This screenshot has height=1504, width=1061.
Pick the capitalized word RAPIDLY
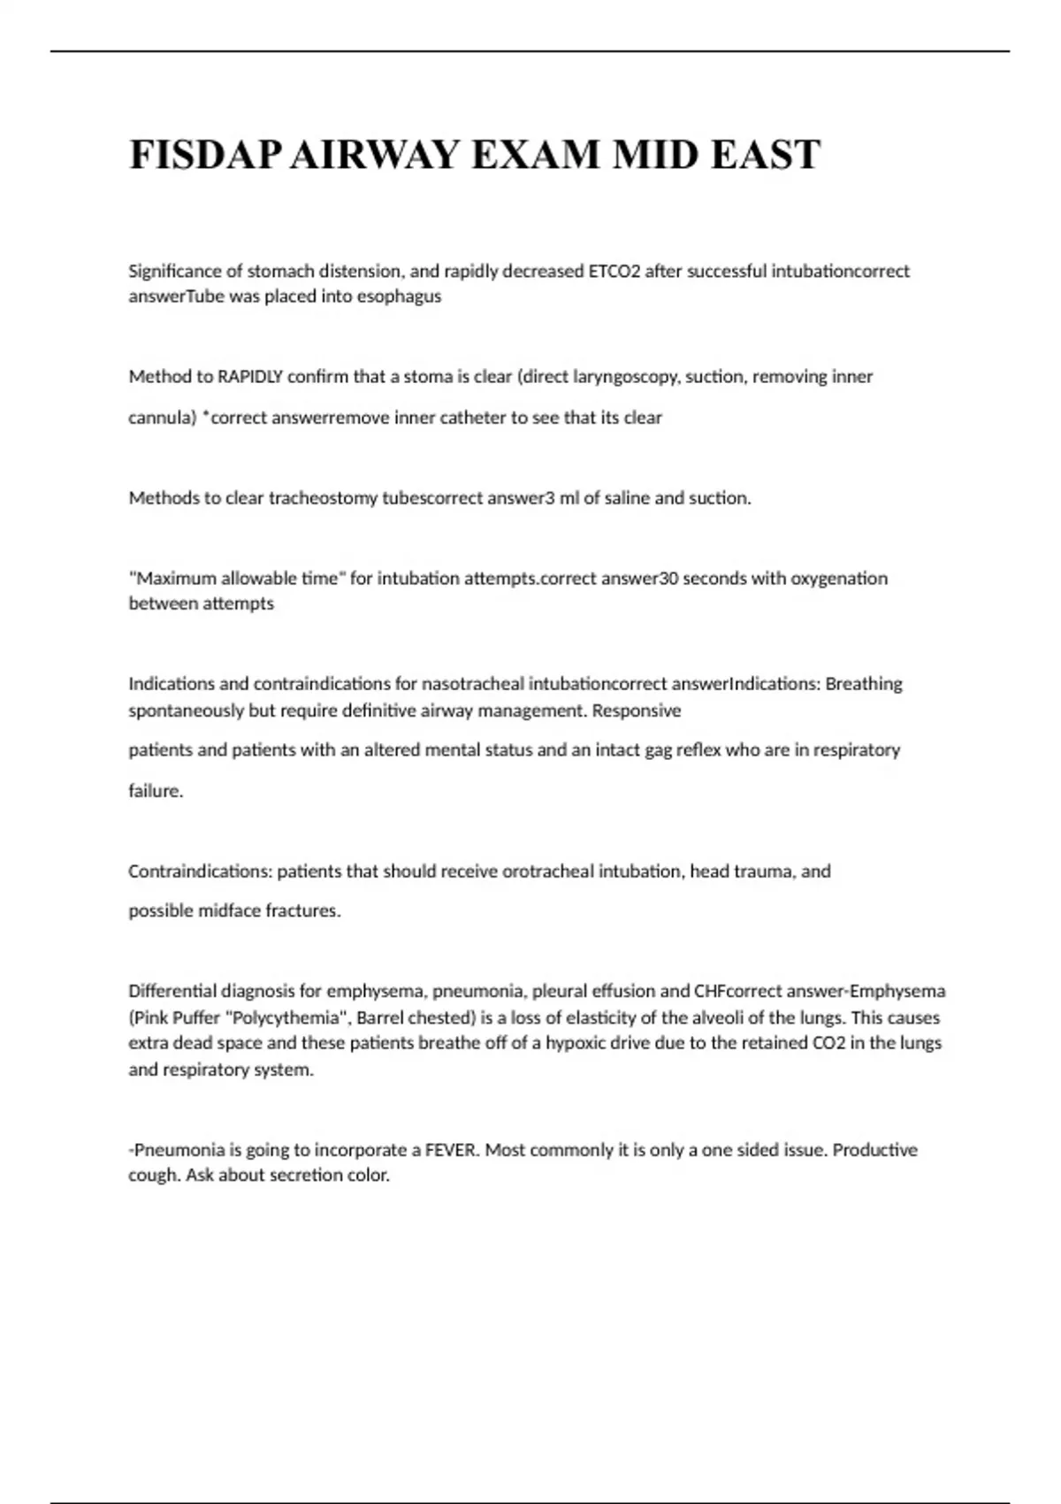pos(250,377)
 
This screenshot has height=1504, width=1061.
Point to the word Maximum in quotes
pos(174,579)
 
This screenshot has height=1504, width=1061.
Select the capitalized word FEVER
pos(451,1150)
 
